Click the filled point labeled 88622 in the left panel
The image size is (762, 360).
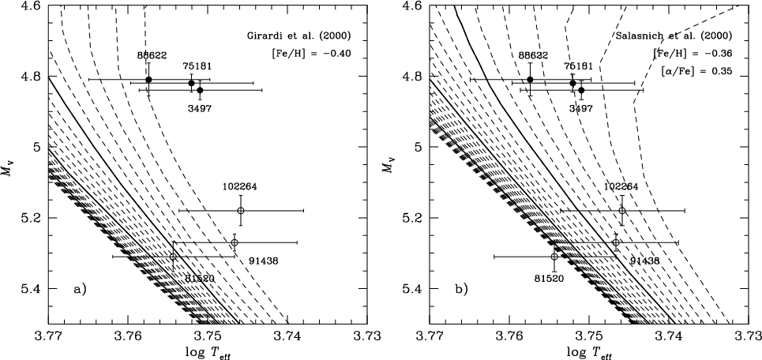point(148,80)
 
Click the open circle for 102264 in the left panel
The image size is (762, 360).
point(241,211)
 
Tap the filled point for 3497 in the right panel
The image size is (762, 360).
point(581,90)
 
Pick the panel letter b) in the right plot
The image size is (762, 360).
point(460,289)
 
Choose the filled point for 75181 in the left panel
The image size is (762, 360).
point(191,83)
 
